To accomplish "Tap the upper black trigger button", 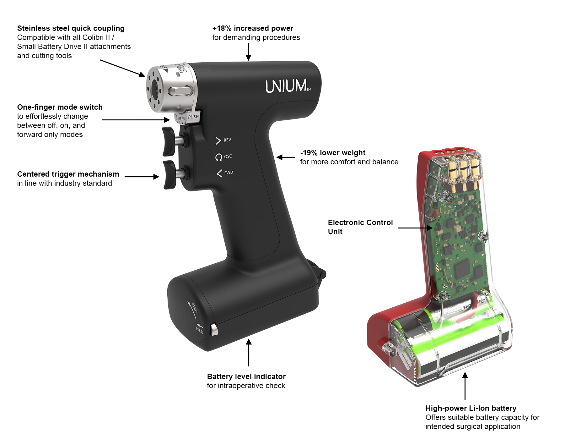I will pos(169,141).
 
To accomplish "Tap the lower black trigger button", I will pos(169,174).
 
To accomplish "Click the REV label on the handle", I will pos(227,140).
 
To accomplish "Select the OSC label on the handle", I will pos(228,157).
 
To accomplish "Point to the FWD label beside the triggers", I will pos(228,173).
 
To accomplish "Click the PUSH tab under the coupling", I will pos(193,117).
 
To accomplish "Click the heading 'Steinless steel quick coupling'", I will pos(71,28).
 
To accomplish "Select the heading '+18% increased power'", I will pos(252,28).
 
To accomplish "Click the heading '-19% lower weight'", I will pos(333,153).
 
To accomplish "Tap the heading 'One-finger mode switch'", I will pos(60,107).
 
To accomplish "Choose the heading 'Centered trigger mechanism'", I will pos(68,174).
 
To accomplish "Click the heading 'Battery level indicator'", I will pos(246,376).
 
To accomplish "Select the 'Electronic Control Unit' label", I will pos(360,227).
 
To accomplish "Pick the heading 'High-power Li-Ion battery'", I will pos(471,408).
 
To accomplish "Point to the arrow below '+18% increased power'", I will pos(248,52).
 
